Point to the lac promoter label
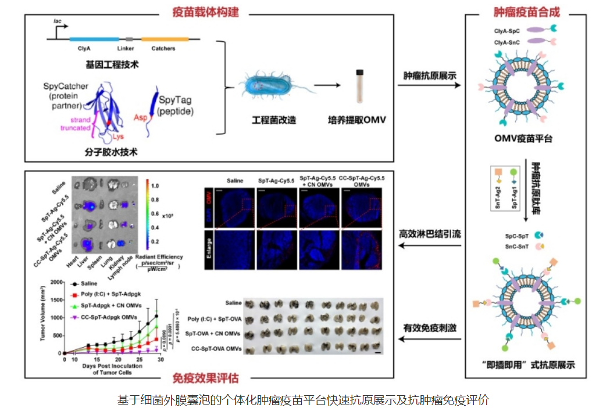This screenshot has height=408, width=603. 58,20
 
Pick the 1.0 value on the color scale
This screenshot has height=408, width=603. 155,186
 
